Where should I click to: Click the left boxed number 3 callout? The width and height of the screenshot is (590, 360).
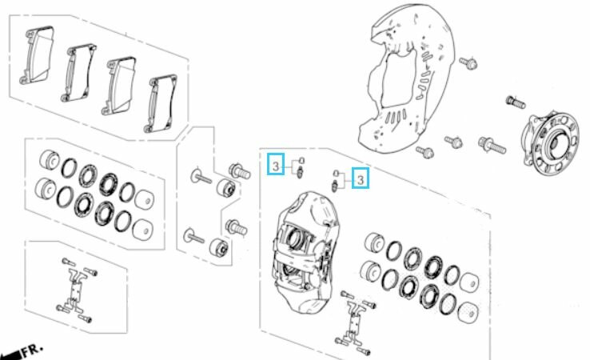point(276,164)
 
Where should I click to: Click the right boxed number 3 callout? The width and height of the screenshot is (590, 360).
point(361,178)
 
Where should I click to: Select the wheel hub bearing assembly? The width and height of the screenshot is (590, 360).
point(549,142)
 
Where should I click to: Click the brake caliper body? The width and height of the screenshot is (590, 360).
point(305,252)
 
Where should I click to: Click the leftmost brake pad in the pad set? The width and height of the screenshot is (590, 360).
point(37,54)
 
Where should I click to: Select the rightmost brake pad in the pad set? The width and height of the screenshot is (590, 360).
point(161,103)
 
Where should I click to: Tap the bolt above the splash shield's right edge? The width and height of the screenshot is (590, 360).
point(468,62)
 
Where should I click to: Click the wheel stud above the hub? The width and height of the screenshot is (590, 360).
point(516,102)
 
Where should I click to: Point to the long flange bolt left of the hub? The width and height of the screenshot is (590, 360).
point(492,145)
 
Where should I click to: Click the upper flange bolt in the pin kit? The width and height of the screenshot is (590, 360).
point(239,171)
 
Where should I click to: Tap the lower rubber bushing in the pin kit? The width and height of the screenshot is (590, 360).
point(218,247)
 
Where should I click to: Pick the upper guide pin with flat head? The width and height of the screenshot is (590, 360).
point(201,177)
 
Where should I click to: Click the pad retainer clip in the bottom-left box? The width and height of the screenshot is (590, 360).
point(77,288)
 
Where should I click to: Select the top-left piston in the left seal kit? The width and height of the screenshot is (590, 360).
point(50,160)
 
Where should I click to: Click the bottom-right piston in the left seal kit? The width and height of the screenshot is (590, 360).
point(143,229)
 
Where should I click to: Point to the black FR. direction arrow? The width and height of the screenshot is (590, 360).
point(10,355)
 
